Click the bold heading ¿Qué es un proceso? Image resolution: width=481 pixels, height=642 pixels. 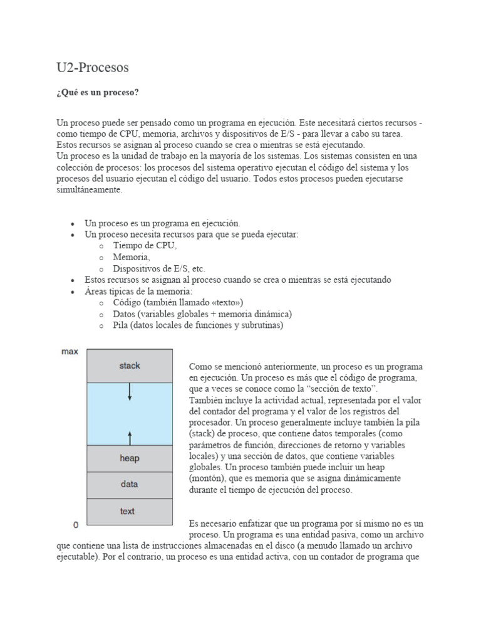click(x=98, y=93)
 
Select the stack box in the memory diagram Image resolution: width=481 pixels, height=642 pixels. click(x=130, y=366)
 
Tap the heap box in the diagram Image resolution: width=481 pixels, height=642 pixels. click(x=130, y=458)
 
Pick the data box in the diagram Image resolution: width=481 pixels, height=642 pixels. click(x=130, y=484)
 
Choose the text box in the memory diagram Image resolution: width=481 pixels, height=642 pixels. click(x=128, y=511)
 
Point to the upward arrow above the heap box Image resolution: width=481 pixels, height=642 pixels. click(x=130, y=436)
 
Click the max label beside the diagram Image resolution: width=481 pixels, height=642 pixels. click(x=70, y=352)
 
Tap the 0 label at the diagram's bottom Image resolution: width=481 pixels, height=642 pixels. click(x=75, y=524)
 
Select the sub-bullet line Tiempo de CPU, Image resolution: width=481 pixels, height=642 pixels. click(x=145, y=246)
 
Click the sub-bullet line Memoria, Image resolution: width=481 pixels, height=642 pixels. click(x=132, y=257)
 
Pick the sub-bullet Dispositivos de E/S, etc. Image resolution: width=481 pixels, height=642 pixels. click(x=158, y=268)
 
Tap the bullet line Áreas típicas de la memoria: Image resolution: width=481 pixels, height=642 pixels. click(x=138, y=292)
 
